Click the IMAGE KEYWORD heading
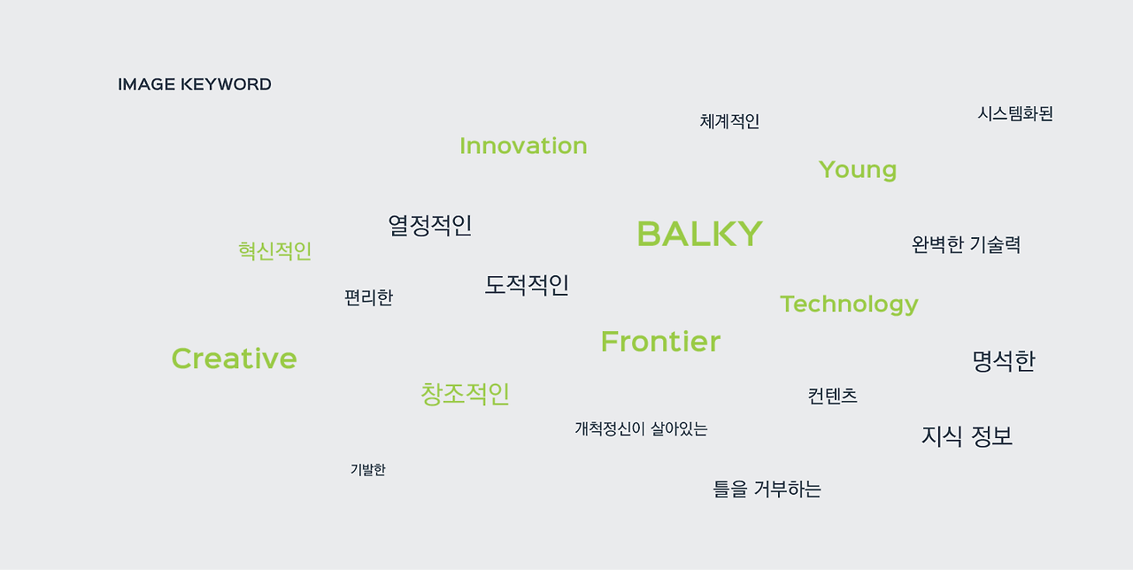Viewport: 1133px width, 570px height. coord(195,84)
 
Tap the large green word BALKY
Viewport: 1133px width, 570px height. coord(699,234)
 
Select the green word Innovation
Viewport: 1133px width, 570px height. coord(523,146)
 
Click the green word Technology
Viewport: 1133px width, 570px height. coord(849,304)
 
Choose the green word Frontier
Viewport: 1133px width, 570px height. coord(660,341)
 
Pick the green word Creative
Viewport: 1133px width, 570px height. coord(235,358)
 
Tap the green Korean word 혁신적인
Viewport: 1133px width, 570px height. coord(275,250)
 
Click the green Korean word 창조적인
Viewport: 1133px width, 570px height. coord(466,394)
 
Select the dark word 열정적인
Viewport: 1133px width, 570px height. coord(430,225)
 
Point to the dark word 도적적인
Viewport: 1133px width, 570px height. coord(527,285)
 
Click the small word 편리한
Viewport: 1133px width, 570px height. coord(369,297)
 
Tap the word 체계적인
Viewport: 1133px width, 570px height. coord(730,121)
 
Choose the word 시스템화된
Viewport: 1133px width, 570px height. coord(1015,113)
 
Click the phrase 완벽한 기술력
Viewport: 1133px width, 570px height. coord(966,244)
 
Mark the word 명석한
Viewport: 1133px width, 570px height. coord(1004,361)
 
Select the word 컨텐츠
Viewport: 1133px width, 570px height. coord(833,396)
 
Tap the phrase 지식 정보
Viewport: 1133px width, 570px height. coord(967,436)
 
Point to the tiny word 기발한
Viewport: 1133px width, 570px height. coord(368,469)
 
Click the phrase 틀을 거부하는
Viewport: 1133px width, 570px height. coord(767,489)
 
